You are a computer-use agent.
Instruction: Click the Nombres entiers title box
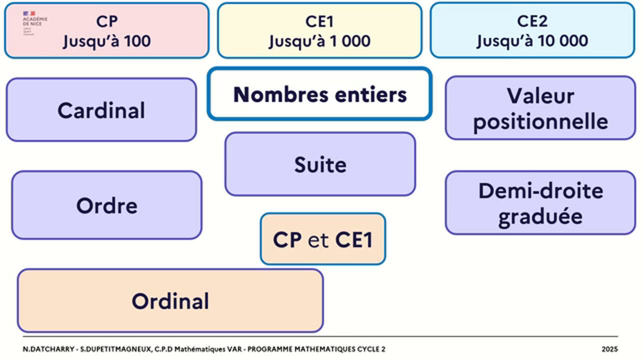click(x=319, y=94)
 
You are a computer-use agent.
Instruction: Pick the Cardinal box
click(x=101, y=110)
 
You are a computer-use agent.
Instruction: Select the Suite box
click(x=320, y=164)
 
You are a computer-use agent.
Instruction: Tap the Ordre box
click(x=106, y=205)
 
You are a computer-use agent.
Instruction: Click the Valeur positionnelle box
click(x=540, y=108)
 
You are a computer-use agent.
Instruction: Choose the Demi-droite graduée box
click(x=540, y=203)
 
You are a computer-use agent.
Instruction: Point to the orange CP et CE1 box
click(x=322, y=239)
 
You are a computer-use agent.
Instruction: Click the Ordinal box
click(x=170, y=301)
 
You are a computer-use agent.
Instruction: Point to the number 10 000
click(x=563, y=40)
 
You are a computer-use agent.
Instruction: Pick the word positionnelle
click(x=540, y=121)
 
